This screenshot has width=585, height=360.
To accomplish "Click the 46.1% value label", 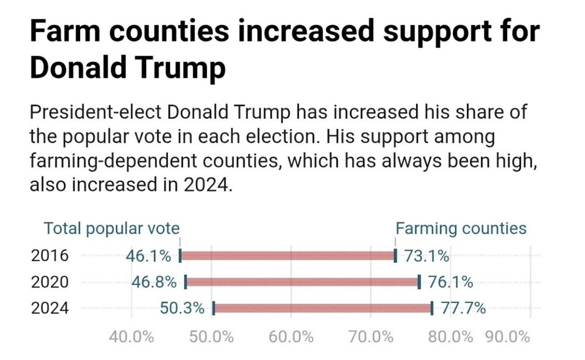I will [x=148, y=256].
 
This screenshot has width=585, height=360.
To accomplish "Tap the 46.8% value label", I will [x=154, y=282].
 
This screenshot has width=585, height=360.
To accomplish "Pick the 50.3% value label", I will [x=182, y=308].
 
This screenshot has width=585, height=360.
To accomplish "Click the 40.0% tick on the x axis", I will [x=132, y=337].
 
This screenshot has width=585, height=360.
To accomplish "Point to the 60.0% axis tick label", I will [x=291, y=337].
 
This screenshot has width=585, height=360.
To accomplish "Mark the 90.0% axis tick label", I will [x=507, y=337].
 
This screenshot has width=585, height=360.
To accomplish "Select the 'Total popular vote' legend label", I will [x=112, y=229].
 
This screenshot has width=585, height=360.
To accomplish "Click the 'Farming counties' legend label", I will [x=462, y=229].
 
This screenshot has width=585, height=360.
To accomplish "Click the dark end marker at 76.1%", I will [x=419, y=282].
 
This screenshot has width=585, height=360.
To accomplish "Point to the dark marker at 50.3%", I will [x=214, y=308].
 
